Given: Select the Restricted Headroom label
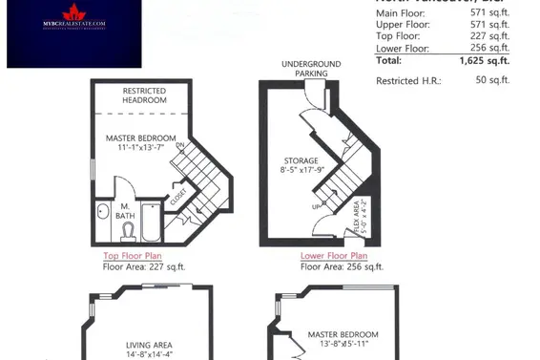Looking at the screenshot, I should [145, 95].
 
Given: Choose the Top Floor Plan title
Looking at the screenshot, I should [134, 256].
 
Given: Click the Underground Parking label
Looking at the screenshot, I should [305, 69].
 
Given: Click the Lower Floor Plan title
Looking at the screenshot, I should [333, 256].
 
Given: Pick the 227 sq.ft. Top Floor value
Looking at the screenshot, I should [492, 37].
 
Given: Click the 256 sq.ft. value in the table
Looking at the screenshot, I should [492, 49].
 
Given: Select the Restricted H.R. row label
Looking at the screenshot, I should [408, 81].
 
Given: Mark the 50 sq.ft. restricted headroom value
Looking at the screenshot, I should [494, 81].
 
